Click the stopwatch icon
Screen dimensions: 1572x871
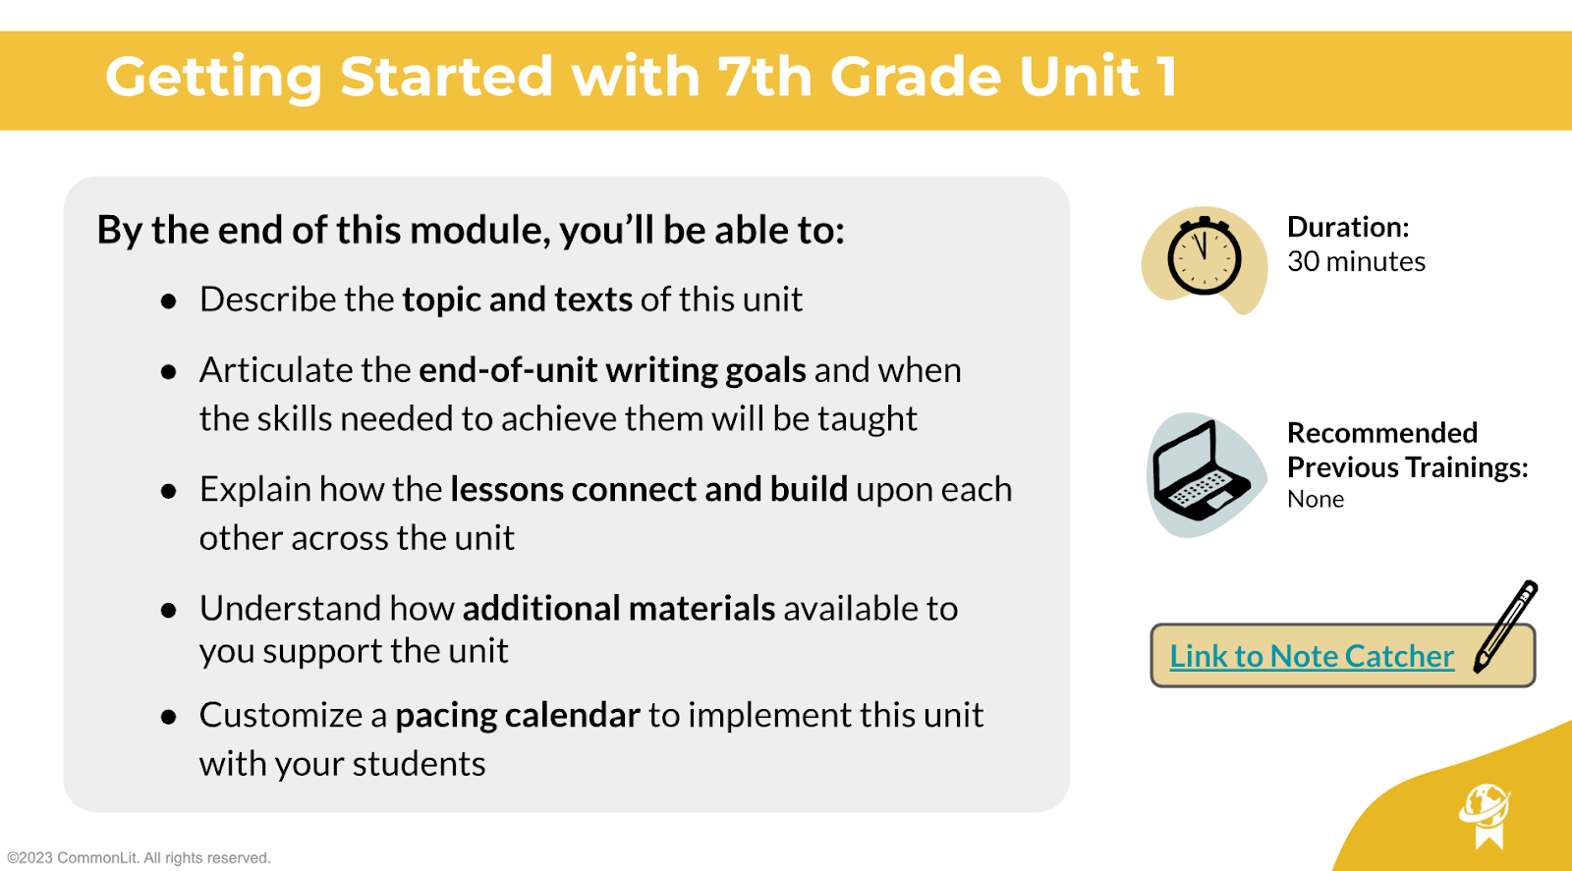1205,256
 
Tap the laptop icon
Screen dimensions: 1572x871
1202,471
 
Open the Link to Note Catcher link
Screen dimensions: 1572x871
1312,656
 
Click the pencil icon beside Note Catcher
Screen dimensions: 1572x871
1504,626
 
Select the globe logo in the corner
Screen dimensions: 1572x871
1485,816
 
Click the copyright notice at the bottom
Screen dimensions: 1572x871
139,857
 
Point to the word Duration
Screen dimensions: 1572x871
1348,227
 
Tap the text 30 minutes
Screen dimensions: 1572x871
1356,261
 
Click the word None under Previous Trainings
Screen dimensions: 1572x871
1316,499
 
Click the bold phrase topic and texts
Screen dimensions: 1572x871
517,299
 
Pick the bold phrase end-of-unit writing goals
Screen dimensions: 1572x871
612,370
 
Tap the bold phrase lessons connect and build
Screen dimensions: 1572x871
649,489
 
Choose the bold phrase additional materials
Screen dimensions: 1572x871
619,608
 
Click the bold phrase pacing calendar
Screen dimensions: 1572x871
518,715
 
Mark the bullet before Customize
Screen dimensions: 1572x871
168,717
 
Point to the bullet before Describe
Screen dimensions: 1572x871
168,301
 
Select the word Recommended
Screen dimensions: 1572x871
1382,433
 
